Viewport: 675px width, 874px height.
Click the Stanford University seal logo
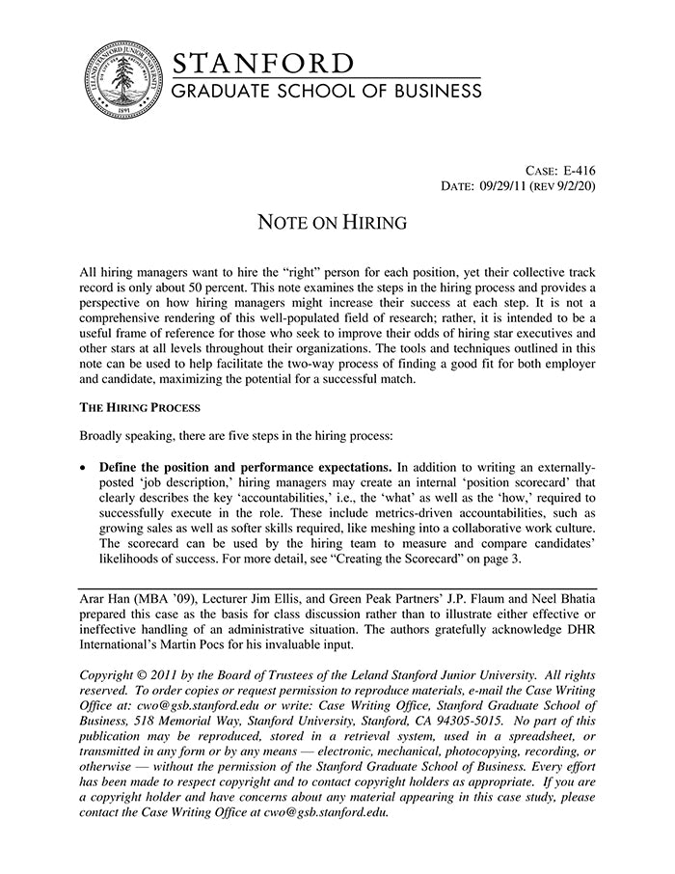point(121,82)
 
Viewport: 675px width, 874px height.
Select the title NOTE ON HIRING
point(332,223)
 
